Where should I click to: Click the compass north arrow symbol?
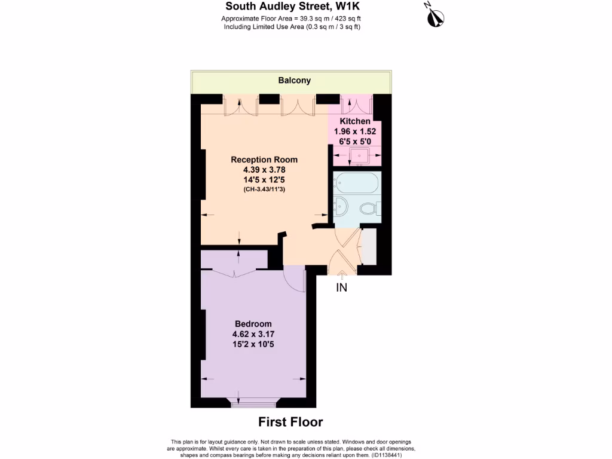(434, 17)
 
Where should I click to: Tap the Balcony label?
(294, 80)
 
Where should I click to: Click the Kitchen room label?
(355, 121)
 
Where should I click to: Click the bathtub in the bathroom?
(356, 182)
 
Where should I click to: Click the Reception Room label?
(264, 160)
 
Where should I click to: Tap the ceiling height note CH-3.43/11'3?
(264, 189)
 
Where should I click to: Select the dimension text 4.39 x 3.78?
(264, 170)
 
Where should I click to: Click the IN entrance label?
(341, 287)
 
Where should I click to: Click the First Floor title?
(290, 422)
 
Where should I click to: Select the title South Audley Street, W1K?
(293, 7)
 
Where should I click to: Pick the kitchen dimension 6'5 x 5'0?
(355, 140)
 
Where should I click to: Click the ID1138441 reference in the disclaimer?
(391, 454)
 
